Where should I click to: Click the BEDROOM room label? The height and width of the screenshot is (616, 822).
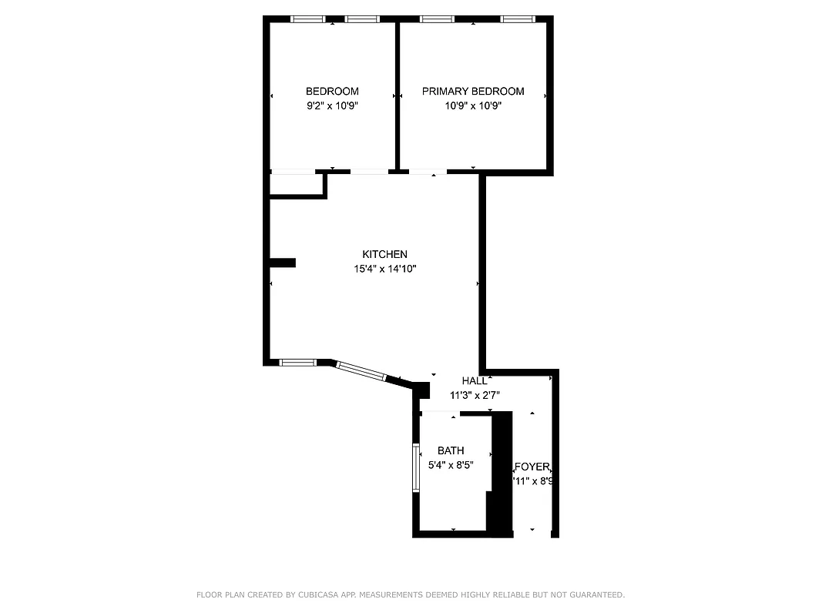coord(332,91)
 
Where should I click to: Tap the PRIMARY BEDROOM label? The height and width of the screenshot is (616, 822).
coord(473,91)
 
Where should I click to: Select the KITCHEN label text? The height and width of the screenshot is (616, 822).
coord(384,254)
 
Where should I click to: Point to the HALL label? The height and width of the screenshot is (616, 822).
coord(475,380)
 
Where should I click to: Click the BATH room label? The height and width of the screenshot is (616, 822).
coord(451,450)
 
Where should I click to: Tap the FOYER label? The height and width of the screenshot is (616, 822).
coord(532,467)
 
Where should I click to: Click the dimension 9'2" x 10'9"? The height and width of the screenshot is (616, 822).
coord(332,106)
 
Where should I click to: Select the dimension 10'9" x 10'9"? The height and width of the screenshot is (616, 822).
coord(473,106)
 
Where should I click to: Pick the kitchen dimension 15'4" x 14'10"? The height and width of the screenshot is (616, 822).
coord(384,269)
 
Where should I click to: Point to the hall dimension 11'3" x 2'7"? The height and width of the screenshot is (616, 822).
coord(475,395)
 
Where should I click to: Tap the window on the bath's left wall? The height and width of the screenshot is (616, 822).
coord(416,467)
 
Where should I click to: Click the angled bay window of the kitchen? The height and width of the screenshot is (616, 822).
coord(361,370)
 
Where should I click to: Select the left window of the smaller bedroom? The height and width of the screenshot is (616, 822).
coord(307,19)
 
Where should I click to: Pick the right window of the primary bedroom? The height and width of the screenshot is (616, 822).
coord(518,19)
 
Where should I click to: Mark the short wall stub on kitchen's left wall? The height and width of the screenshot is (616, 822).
coord(283,263)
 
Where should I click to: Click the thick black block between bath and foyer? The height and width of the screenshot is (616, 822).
coord(502,474)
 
